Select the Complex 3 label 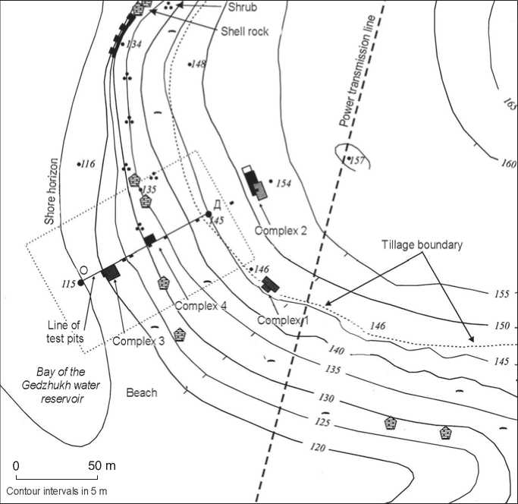(x=139, y=342)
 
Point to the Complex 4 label (x=201, y=306)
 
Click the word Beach (x=142, y=392)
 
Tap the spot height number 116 (x=87, y=164)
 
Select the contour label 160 (x=508, y=164)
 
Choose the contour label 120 (x=318, y=449)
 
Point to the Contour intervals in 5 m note (x=56, y=491)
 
